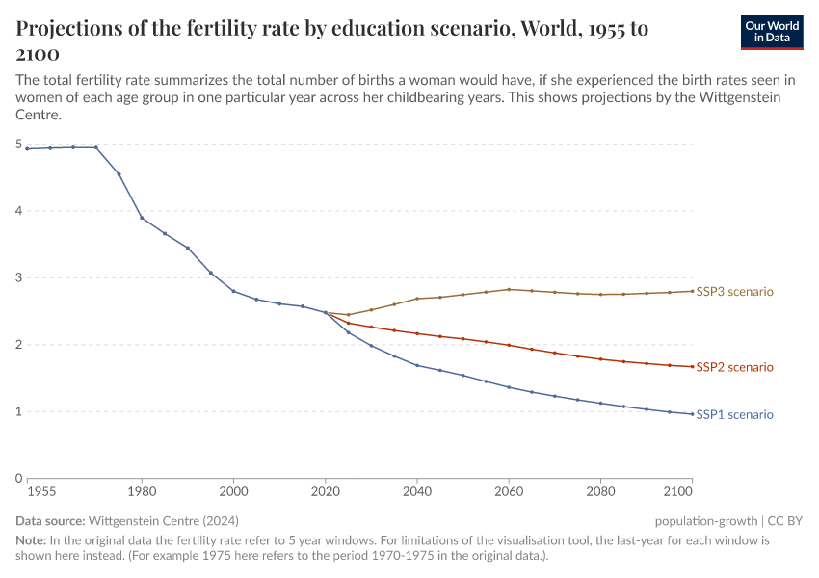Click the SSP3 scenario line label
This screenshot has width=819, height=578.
pyautogui.click(x=734, y=291)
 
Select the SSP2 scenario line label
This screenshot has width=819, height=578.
pyautogui.click(x=734, y=367)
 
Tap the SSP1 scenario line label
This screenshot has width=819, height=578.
pyautogui.click(x=734, y=414)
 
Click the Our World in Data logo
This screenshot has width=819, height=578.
pyautogui.click(x=772, y=32)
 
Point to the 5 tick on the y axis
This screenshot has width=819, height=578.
pyautogui.click(x=18, y=144)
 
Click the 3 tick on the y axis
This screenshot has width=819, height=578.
pyautogui.click(x=18, y=278)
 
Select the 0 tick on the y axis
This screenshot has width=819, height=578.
pyautogui.click(x=18, y=479)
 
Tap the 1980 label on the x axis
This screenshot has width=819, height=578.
pyautogui.click(x=142, y=492)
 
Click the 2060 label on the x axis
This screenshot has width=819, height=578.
pyautogui.click(x=509, y=492)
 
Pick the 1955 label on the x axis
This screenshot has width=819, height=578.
pyautogui.click(x=41, y=492)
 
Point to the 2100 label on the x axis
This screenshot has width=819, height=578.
pyautogui.click(x=678, y=492)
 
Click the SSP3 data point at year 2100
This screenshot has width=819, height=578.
pyautogui.click(x=692, y=291)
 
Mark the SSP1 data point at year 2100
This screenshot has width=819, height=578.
pyautogui.click(x=692, y=414)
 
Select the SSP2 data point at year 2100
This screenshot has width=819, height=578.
pyautogui.click(x=692, y=366)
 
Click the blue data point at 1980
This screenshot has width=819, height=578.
pyautogui.click(x=142, y=218)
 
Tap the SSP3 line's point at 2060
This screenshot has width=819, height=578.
pyautogui.click(x=509, y=289)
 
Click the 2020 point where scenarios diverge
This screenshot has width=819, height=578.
pyautogui.click(x=326, y=312)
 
